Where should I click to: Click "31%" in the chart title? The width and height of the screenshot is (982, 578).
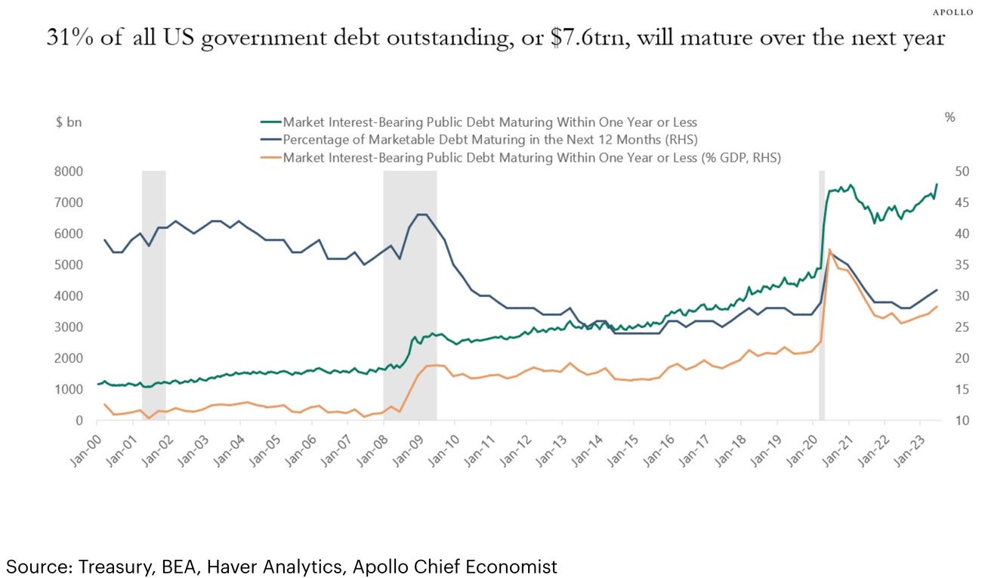(x=65, y=38)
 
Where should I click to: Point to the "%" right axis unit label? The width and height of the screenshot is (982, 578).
(x=950, y=118)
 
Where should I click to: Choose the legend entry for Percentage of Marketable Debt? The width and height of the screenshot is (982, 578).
(x=483, y=140)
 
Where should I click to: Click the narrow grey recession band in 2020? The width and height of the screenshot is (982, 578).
(x=822, y=302)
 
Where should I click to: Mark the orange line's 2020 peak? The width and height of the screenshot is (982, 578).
(x=830, y=249)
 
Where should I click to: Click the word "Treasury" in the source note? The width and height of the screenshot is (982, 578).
(x=96, y=566)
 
